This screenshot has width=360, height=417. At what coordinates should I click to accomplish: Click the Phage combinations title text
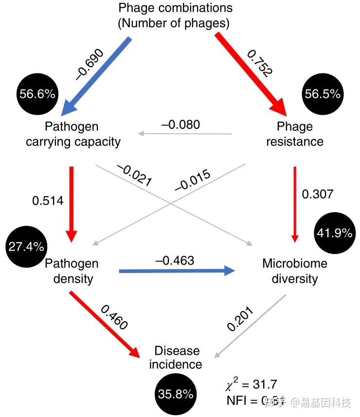[176, 15]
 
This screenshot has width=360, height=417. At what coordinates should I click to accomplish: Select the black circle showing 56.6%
[37, 94]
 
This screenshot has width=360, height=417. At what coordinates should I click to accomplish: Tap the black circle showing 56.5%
[322, 94]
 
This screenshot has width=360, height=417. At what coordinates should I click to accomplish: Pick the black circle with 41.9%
[334, 233]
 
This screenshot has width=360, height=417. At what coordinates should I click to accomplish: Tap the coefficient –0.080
[180, 124]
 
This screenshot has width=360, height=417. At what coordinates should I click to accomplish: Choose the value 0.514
[48, 200]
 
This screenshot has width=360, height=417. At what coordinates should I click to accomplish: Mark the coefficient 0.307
[318, 194]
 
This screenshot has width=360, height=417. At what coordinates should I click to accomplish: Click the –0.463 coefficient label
[175, 260]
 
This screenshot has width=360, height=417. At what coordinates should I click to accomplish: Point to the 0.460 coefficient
[113, 317]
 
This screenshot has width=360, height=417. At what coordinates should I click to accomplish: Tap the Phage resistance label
[295, 134]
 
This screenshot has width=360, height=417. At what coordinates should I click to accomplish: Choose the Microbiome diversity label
[295, 271]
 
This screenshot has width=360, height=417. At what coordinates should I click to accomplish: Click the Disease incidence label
[176, 358]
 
